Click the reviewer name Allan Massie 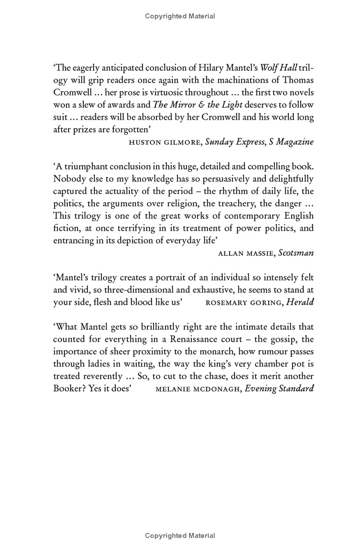click(246, 253)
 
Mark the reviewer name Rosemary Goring click(243, 302)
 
